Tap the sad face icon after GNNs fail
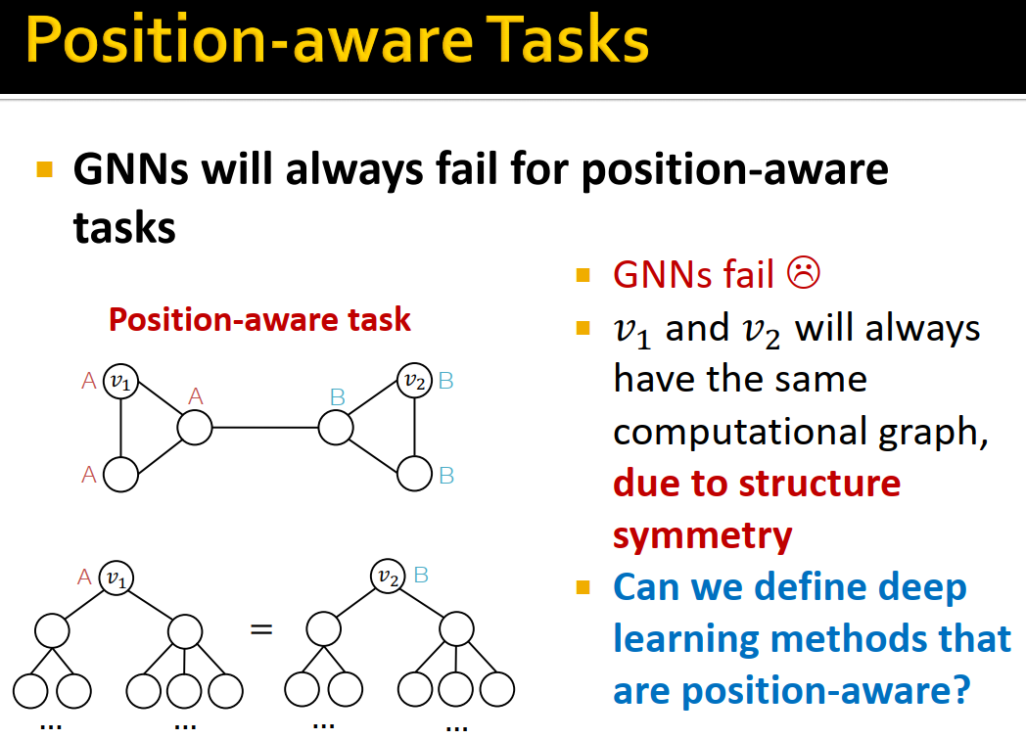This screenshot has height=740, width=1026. [803, 274]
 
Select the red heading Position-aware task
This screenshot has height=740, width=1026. [259, 319]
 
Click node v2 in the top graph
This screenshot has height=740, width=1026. [414, 381]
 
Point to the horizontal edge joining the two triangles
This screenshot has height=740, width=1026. [264, 428]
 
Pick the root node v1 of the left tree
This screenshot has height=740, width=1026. [118, 578]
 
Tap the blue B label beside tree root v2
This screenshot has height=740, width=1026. [421, 575]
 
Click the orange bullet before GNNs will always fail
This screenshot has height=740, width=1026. [44, 169]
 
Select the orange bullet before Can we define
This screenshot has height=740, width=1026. [584, 588]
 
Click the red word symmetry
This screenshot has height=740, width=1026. [702, 535]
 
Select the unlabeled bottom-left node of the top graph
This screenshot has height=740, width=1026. [120, 475]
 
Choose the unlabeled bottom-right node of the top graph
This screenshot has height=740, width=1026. [414, 474]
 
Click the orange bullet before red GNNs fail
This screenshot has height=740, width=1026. [584, 275]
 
